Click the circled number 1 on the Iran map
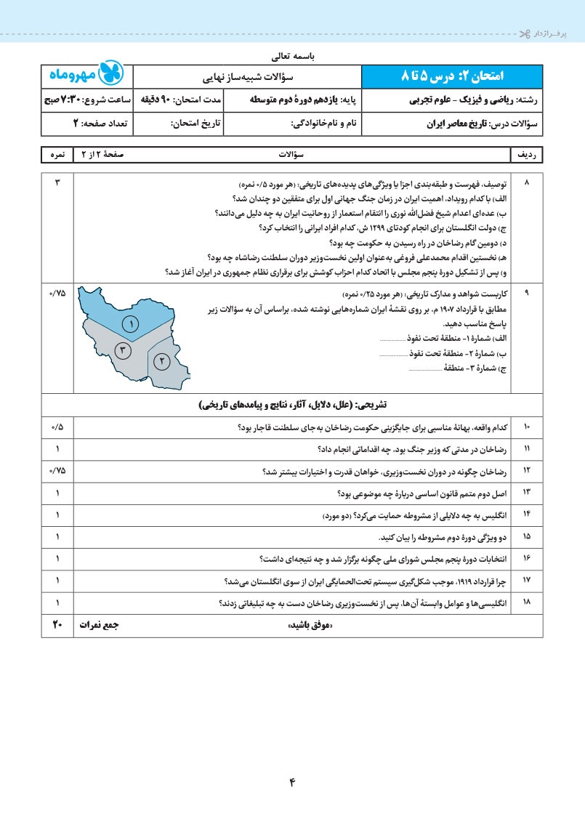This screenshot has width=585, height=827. [131, 324]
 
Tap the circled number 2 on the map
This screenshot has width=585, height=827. [161, 360]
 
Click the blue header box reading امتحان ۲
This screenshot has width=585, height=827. [451, 76]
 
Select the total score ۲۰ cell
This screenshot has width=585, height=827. [57, 624]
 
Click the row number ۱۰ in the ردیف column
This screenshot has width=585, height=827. [527, 427]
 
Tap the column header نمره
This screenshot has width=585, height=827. [57, 155]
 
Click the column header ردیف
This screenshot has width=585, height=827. [527, 155]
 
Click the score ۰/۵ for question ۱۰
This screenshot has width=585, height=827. [57, 427]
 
